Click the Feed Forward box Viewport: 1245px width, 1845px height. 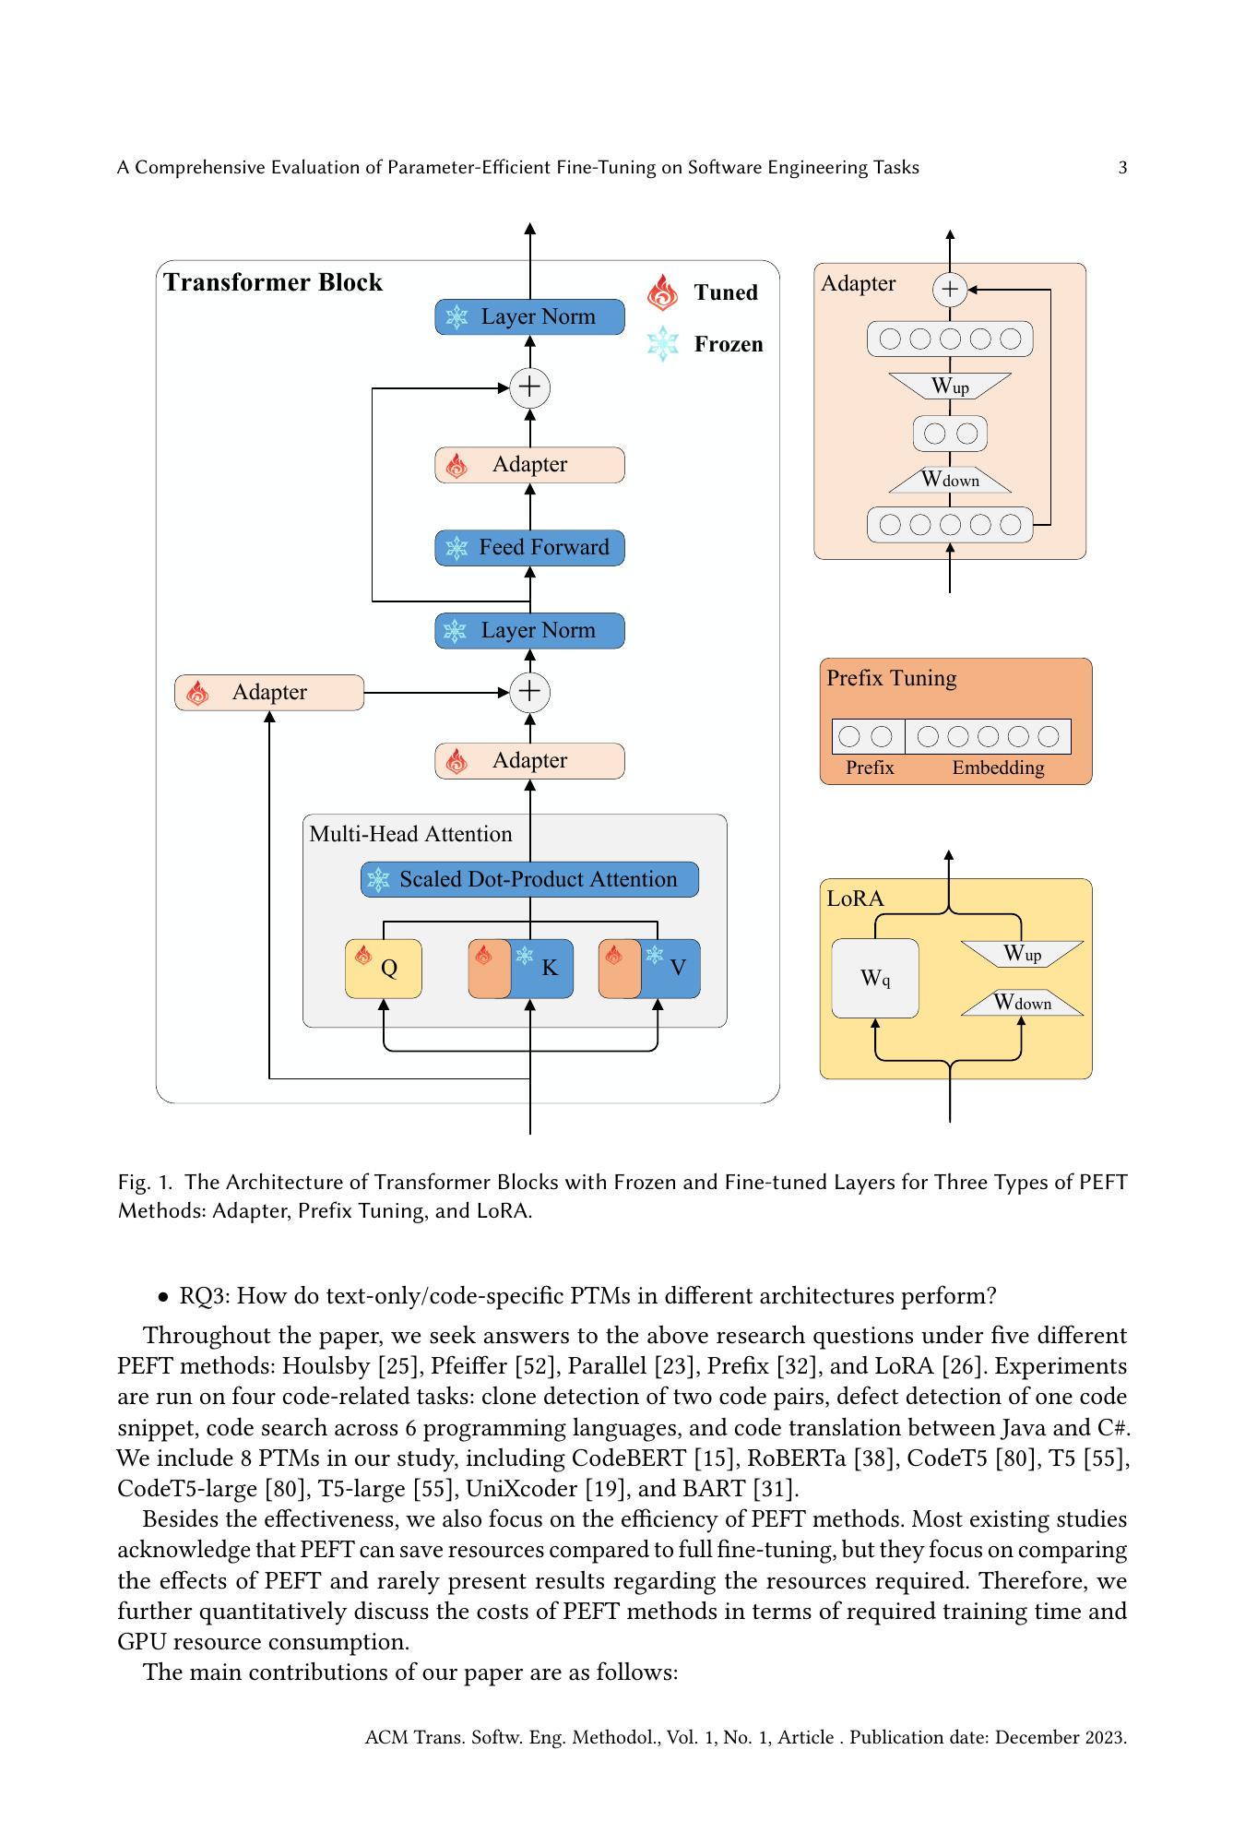[x=529, y=547]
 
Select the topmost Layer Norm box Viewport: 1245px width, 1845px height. [x=529, y=316]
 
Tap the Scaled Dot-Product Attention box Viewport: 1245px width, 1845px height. [x=529, y=879]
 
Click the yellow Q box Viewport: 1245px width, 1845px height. [x=384, y=968]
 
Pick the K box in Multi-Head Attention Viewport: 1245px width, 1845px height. [x=522, y=968]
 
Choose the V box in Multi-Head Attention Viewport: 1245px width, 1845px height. [x=650, y=968]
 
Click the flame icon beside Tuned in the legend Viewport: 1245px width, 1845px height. [x=662, y=292]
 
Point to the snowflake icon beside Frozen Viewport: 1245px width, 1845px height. [x=662, y=344]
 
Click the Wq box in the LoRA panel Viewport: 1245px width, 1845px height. [x=875, y=978]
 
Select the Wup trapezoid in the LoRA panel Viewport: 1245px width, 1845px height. [x=1022, y=953]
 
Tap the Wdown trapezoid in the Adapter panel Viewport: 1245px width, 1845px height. [x=950, y=480]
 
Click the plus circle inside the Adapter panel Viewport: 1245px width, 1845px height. [x=950, y=290]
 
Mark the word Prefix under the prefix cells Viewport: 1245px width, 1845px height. [x=870, y=768]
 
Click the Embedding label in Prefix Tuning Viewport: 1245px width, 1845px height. [x=998, y=768]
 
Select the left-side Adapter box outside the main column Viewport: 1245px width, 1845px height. [x=269, y=692]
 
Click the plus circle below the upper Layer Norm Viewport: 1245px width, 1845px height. [x=529, y=387]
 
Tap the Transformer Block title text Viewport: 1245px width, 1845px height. [x=273, y=282]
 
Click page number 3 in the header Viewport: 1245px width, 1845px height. [x=1122, y=167]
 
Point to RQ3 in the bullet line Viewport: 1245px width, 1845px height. [x=202, y=1295]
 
